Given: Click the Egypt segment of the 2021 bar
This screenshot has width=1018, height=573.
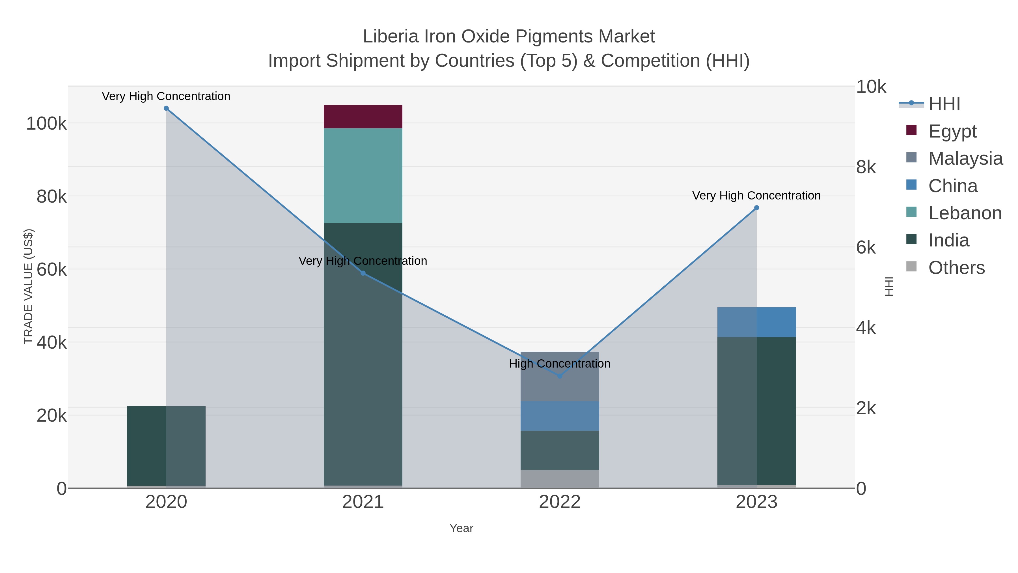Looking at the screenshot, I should click(x=363, y=117).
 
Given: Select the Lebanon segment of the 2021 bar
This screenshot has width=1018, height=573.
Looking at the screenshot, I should click(x=363, y=175).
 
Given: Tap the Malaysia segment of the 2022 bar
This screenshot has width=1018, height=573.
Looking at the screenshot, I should click(x=560, y=376).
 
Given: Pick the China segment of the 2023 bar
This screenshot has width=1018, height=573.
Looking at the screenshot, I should click(x=756, y=322).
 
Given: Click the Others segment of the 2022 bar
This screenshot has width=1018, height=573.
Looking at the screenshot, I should click(x=560, y=478).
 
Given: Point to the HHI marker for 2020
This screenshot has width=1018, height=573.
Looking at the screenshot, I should click(x=166, y=108).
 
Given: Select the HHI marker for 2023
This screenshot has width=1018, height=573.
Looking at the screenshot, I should click(x=756, y=208).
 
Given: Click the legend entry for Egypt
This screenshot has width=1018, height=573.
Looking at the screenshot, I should click(x=952, y=131).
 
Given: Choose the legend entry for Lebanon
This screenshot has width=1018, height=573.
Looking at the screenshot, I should click(x=965, y=213).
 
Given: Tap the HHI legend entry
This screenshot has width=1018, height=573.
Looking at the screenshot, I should click(x=944, y=104).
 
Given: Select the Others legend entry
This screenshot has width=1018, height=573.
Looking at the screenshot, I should click(x=956, y=268).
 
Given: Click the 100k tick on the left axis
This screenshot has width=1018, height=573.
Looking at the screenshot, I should click(x=46, y=124).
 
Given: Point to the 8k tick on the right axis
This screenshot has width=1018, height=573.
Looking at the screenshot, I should click(x=866, y=167).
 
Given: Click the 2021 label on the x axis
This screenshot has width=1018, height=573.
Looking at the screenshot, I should click(x=363, y=502).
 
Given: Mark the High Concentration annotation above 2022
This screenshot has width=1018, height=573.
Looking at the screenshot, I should click(x=560, y=363).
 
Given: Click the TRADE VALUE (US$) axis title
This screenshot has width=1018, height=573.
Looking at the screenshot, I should click(x=29, y=286).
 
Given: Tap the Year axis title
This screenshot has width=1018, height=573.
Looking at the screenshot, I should click(x=461, y=528).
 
